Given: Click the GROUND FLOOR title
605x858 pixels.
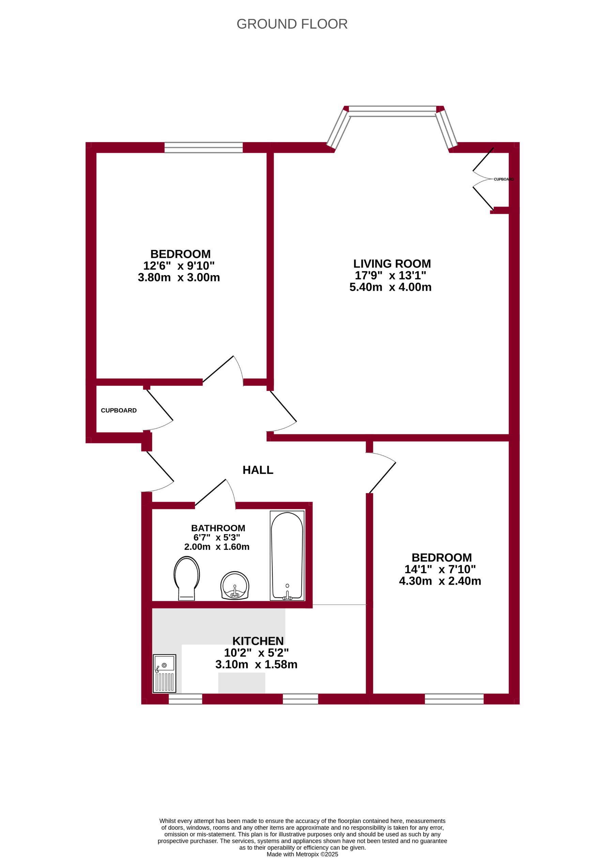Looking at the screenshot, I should tap(292, 24).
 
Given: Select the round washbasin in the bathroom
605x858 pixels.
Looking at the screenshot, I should tap(235, 585).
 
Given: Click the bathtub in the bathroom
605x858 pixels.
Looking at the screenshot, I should tap(287, 556).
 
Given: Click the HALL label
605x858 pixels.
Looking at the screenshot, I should tap(258, 470).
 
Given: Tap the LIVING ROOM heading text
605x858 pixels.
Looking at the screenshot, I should tap(392, 264).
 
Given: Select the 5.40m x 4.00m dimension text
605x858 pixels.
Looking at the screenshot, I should tap(390, 287).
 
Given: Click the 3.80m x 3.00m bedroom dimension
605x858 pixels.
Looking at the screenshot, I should tap(179, 277).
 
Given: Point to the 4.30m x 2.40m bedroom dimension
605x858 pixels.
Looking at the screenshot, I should tap(440, 581).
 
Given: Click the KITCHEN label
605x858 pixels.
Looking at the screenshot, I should tap(258, 641).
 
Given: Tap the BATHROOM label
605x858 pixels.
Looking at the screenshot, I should tap(218, 528).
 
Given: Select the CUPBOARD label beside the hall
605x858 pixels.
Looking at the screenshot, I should tap(119, 410).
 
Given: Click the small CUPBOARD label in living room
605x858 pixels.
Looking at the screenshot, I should tap(504, 179).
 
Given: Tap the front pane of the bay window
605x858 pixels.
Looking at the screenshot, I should tap(392, 111).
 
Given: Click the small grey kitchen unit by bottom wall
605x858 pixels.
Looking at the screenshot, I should tap(242, 683).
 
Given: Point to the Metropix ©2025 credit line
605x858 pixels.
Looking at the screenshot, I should tap(302, 854).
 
